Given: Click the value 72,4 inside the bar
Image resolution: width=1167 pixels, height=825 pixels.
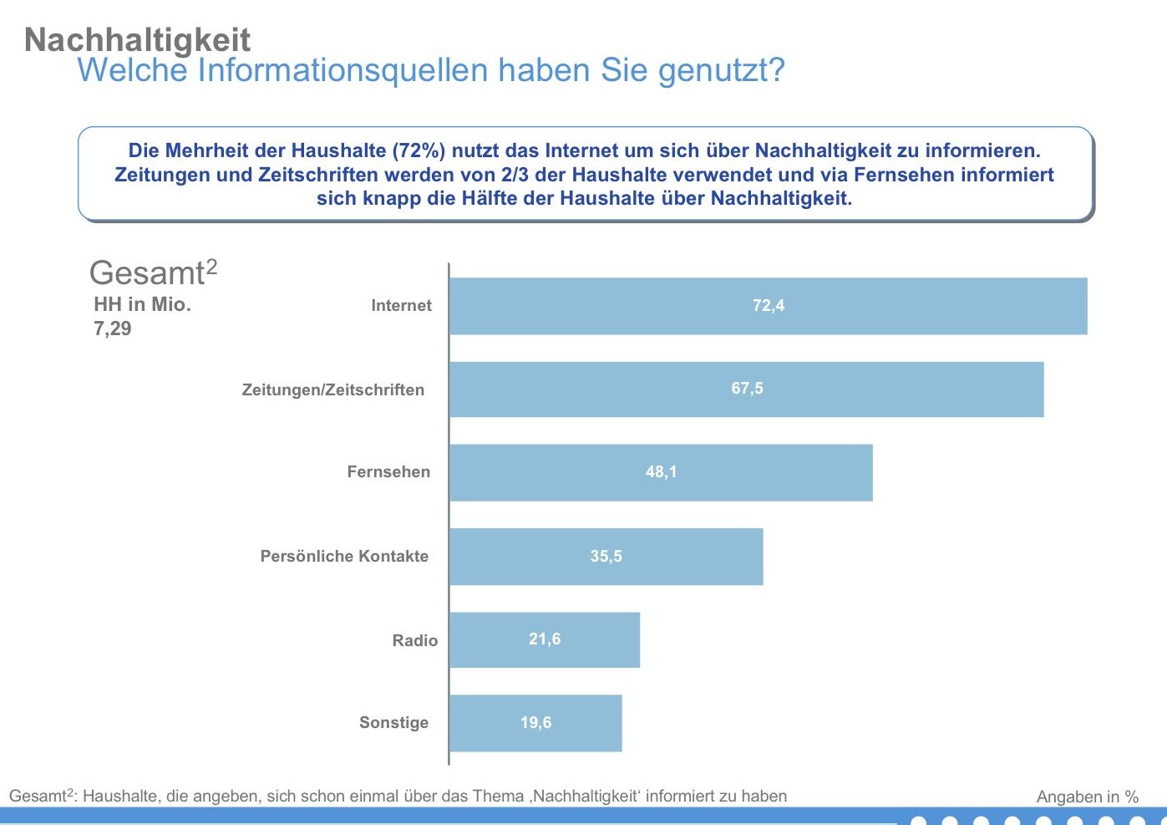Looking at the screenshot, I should (x=769, y=306).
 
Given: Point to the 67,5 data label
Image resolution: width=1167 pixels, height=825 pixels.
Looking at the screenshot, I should (x=747, y=389).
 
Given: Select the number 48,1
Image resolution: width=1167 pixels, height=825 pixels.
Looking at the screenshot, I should (x=661, y=472).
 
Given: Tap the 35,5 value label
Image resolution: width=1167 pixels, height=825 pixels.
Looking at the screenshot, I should (x=606, y=557).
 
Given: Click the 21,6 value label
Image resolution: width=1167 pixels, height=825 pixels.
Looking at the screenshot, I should (x=545, y=639).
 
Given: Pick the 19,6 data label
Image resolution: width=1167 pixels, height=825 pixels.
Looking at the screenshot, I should (x=535, y=723).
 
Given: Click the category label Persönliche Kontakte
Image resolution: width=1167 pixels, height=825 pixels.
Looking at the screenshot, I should (x=344, y=557).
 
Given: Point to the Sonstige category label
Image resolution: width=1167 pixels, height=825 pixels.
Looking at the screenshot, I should (x=393, y=723).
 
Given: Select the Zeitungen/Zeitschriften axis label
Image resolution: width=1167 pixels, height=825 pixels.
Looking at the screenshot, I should (x=332, y=390).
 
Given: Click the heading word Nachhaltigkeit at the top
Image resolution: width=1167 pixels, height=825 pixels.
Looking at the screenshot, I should (x=137, y=39).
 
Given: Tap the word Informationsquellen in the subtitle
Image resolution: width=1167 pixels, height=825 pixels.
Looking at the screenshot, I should (x=342, y=70).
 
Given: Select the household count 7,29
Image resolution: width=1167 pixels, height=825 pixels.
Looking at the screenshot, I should (x=113, y=328).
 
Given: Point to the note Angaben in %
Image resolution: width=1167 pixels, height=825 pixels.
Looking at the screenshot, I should (x=1087, y=797).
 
